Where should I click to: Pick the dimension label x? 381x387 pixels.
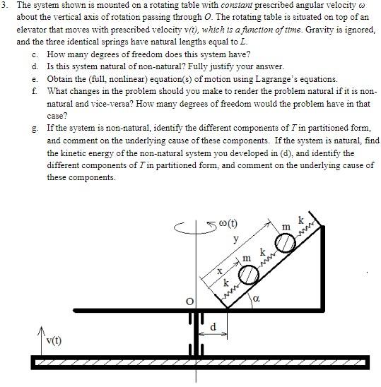point(220,270)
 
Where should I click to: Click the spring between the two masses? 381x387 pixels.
point(265,259)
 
